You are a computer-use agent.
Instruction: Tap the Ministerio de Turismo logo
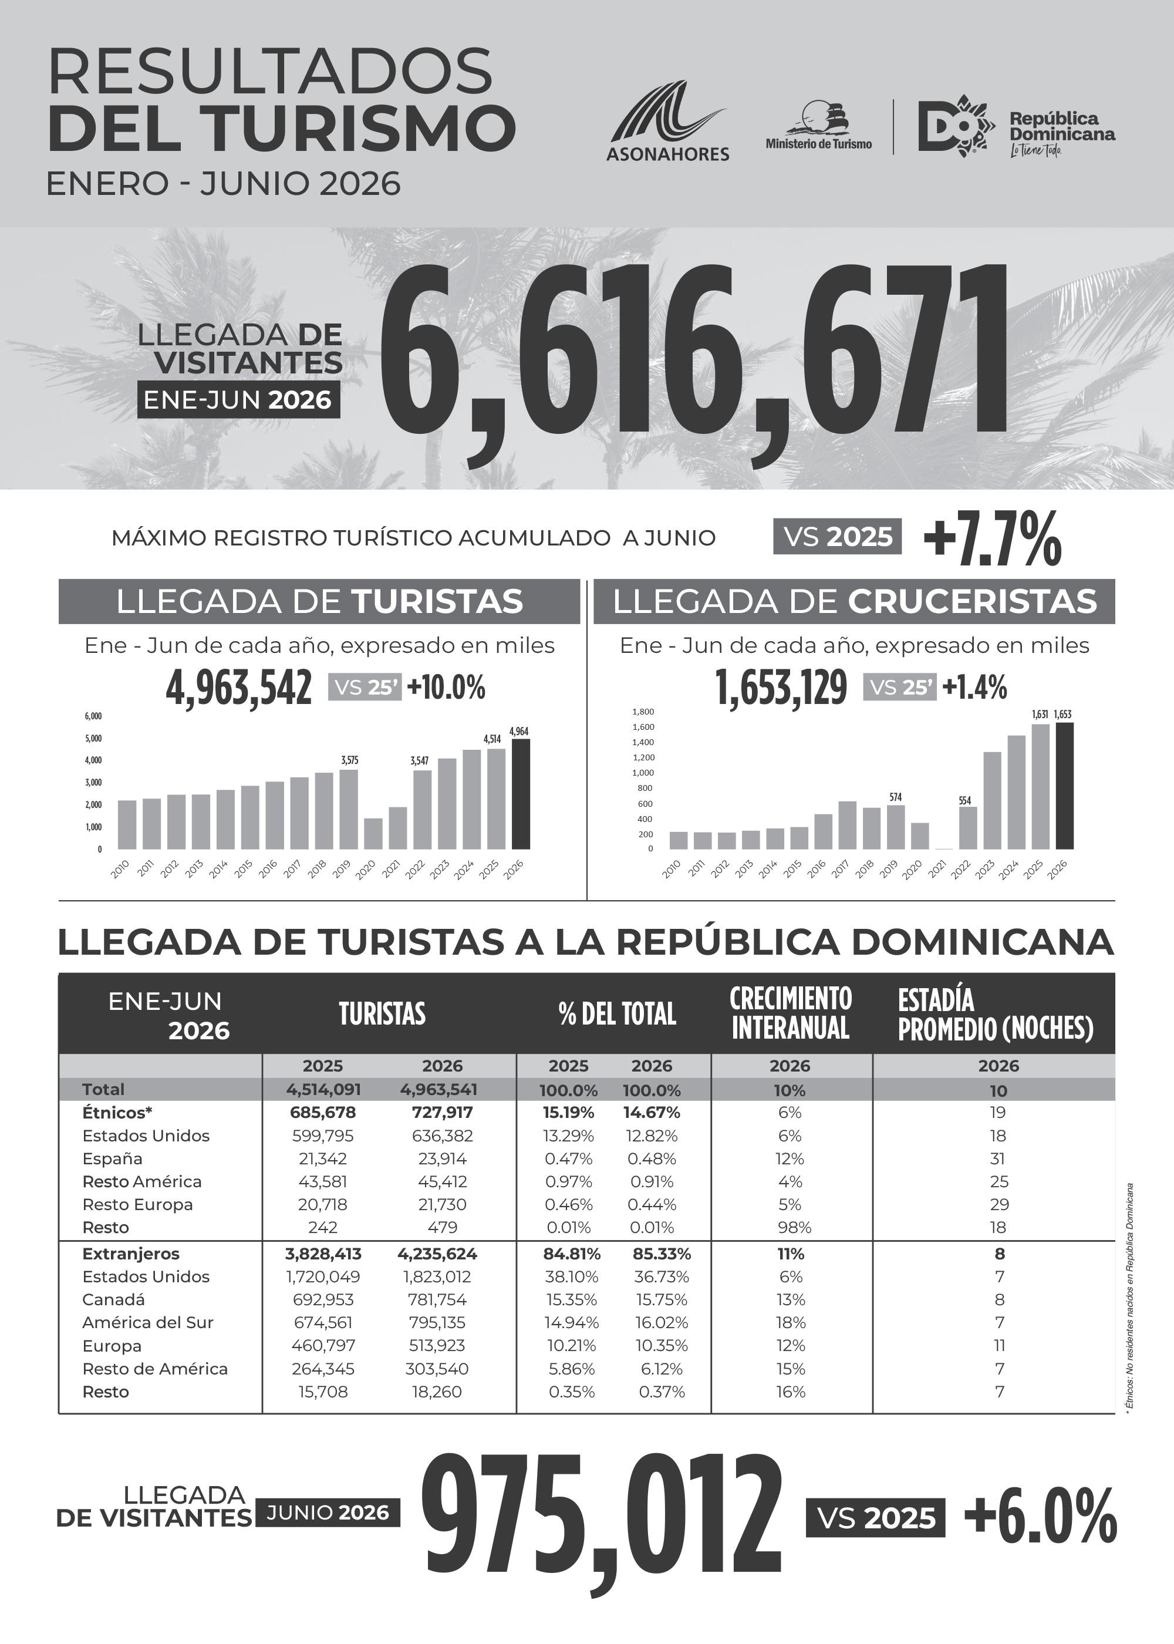click(818, 125)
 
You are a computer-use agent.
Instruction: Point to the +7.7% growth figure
click(993, 538)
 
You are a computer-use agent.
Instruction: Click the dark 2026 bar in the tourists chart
click(521, 794)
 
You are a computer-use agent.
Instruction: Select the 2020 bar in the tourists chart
click(373, 834)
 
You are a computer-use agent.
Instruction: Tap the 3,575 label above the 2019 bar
click(349, 760)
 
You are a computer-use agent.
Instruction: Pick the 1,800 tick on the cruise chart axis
click(643, 712)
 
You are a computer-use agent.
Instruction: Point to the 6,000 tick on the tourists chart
click(93, 716)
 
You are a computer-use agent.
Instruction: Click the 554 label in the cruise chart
click(965, 800)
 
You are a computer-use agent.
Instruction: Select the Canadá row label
click(113, 1299)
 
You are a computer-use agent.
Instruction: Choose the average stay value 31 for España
click(998, 1159)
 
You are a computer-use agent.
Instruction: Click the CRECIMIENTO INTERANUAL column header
click(791, 1013)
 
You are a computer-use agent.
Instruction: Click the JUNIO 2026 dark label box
click(328, 1512)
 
